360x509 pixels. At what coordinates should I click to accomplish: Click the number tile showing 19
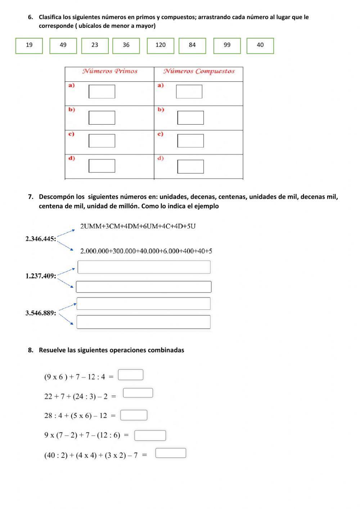29,45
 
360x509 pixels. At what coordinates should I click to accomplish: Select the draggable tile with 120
161,45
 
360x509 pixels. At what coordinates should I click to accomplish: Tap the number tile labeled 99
227,45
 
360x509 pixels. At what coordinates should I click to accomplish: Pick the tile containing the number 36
126,45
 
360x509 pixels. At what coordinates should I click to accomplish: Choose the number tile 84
192,45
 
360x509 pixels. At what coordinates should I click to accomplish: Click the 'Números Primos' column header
110,71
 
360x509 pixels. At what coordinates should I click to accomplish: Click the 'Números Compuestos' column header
199,71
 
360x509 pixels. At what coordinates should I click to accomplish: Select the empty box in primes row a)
102,91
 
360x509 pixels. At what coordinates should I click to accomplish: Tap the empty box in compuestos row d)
190,166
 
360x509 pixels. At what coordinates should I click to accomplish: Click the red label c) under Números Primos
71,134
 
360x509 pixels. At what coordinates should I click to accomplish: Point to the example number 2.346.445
40,239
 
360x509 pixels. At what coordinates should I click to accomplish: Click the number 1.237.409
40,276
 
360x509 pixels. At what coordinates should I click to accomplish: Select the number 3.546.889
40,313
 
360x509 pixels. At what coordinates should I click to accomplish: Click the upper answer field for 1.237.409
144,267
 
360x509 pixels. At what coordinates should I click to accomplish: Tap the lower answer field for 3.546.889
143,322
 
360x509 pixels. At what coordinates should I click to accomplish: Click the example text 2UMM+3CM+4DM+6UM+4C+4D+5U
138,226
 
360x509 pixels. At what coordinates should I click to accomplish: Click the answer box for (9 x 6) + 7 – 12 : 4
131,375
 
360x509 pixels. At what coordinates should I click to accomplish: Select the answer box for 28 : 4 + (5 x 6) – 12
134,415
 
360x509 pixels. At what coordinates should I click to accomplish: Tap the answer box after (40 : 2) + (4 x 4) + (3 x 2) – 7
171,453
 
